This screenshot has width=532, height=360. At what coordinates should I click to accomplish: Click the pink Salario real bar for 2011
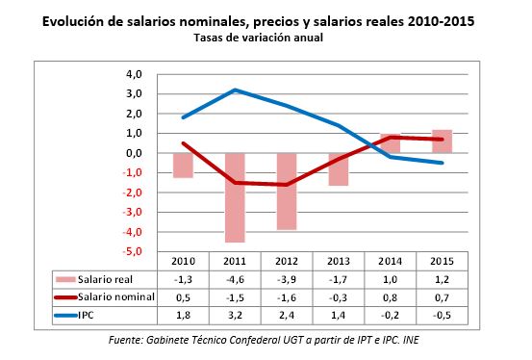pyautogui.click(x=234, y=197)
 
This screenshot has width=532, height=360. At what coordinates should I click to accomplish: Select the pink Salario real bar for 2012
pyautogui.click(x=286, y=191)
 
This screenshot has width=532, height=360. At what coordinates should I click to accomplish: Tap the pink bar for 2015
pyautogui.click(x=442, y=141)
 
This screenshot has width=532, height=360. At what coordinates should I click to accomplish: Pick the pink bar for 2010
pyautogui.click(x=183, y=165)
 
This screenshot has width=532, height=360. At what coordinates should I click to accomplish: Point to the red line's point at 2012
pyautogui.click(x=286, y=184)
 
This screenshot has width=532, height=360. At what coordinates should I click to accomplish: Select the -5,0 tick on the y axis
pyautogui.click(x=130, y=251)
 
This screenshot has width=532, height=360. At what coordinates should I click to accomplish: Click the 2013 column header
pyautogui.click(x=338, y=261)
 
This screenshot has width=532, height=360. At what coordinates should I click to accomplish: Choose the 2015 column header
pyautogui.click(x=442, y=261)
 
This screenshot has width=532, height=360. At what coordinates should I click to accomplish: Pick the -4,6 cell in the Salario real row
pyautogui.click(x=234, y=278)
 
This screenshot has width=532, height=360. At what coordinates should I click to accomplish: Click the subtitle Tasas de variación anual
pyautogui.click(x=266, y=38)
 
